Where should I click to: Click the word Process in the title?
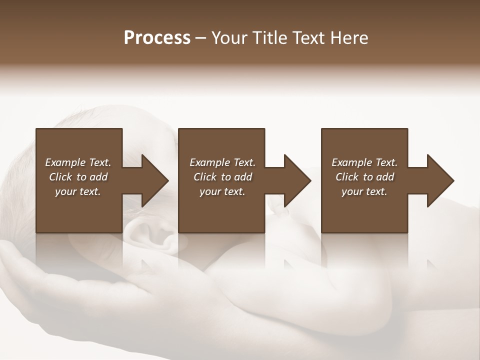pyautogui.click(x=157, y=38)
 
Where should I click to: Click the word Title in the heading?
pyautogui.click(x=269, y=38)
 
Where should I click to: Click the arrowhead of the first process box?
pyautogui.click(x=155, y=180)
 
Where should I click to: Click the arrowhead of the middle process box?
pyautogui.click(x=297, y=180)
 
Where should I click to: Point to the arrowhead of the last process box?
pyautogui.click(x=440, y=180)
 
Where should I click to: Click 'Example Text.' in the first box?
pyautogui.click(x=78, y=162)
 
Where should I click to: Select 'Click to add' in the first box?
pyautogui.click(x=78, y=177)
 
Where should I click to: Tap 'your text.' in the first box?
pyautogui.click(x=78, y=191)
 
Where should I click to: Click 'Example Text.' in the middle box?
pyautogui.click(x=222, y=162)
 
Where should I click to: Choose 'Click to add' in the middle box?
pyautogui.click(x=222, y=177)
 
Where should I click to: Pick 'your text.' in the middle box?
pyautogui.click(x=222, y=191)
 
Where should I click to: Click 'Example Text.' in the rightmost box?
pyautogui.click(x=364, y=162)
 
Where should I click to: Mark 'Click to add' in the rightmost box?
pyautogui.click(x=364, y=177)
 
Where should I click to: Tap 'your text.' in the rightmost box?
pyautogui.click(x=364, y=191)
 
